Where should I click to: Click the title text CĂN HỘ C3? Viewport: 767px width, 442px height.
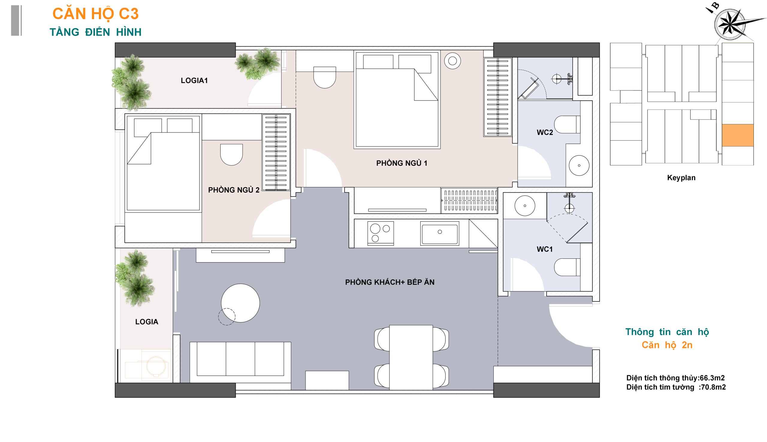click(x=95, y=14)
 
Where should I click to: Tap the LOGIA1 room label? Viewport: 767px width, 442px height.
click(x=194, y=80)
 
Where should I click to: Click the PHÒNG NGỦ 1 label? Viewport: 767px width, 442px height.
click(x=401, y=163)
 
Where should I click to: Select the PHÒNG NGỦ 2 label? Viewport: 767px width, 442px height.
click(x=234, y=190)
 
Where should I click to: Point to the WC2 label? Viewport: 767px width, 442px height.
click(x=545, y=132)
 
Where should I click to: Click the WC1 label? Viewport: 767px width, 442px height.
click(x=545, y=249)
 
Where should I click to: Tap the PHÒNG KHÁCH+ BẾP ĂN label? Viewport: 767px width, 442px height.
click(x=390, y=282)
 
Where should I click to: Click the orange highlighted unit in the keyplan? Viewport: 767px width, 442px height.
click(x=738, y=135)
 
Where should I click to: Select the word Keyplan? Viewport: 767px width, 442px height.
click(x=681, y=178)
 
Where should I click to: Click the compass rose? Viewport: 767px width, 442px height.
click(x=730, y=24)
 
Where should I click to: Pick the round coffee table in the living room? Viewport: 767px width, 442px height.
click(x=240, y=303)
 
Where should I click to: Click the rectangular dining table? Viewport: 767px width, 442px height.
click(x=411, y=357)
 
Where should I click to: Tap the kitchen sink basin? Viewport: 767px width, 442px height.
click(x=440, y=233)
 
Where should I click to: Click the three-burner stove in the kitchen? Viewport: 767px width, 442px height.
click(x=381, y=233)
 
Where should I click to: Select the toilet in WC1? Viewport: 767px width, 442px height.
click(x=567, y=267)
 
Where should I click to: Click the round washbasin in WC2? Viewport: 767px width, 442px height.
click(x=579, y=165)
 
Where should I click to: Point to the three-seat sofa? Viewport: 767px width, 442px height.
click(x=240, y=362)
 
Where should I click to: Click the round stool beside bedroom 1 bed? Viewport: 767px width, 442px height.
click(x=452, y=61)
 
